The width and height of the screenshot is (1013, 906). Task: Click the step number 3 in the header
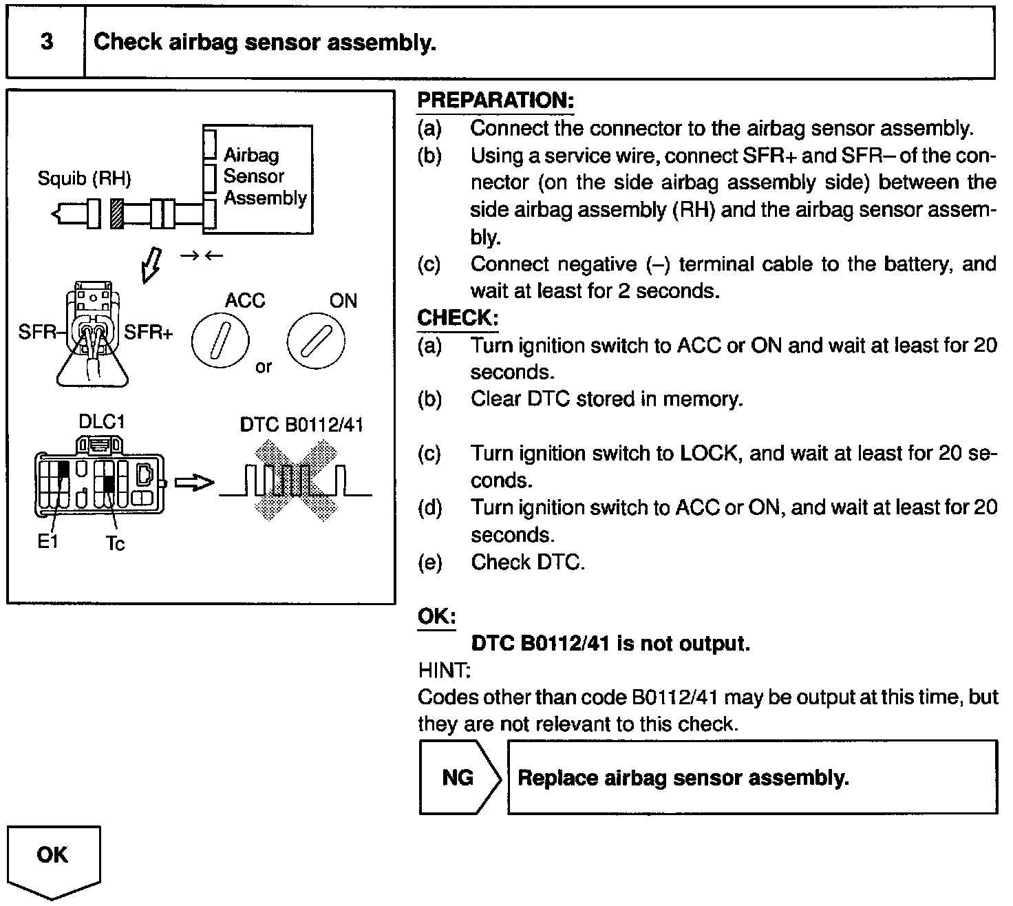click(46, 42)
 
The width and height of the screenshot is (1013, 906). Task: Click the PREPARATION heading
click(495, 101)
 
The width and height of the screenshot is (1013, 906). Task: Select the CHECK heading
click(458, 318)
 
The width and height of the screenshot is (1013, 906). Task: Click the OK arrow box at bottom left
click(54, 857)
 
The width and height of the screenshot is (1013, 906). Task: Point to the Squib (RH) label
click(84, 178)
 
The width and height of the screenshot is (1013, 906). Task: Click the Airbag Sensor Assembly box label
click(264, 177)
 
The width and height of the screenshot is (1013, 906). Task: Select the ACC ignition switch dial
click(220, 341)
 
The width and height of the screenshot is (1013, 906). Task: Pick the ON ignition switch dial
click(316, 341)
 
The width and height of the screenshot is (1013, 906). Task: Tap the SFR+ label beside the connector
click(149, 333)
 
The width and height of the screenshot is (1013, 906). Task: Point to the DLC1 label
click(102, 421)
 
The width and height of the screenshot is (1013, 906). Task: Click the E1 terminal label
click(47, 541)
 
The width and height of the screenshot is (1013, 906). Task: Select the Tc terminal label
click(116, 543)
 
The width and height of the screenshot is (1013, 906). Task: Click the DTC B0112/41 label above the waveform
click(301, 425)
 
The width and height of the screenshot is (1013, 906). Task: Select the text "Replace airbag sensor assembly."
click(683, 778)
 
